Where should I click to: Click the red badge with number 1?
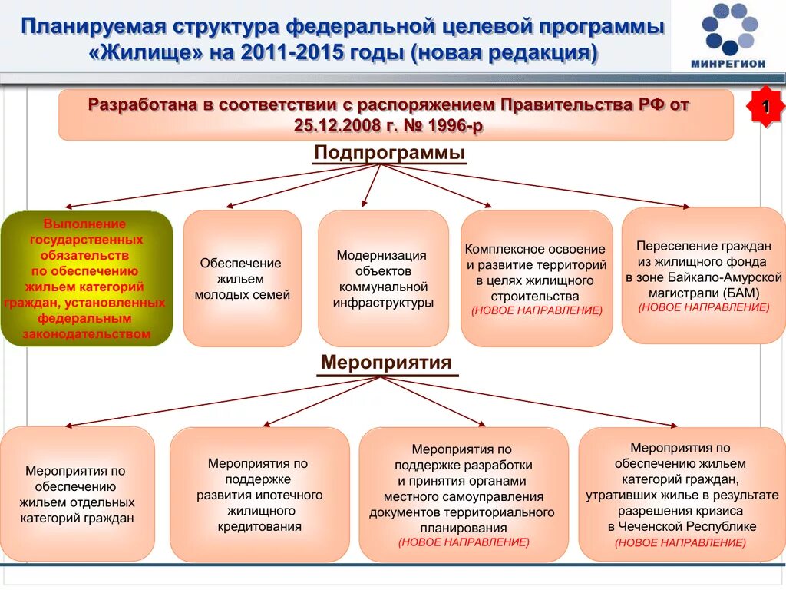[x=765, y=107]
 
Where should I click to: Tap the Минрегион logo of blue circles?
[x=728, y=28]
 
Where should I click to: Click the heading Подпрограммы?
[x=389, y=153]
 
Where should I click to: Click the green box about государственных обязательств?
[x=86, y=279]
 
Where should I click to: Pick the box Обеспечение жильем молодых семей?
[x=242, y=278]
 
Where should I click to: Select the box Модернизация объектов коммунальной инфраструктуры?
[x=383, y=278]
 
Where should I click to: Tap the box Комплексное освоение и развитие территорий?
[x=537, y=278]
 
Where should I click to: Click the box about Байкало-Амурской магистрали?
[x=703, y=275]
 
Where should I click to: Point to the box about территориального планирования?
[x=463, y=496]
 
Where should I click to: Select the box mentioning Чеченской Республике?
[x=681, y=494]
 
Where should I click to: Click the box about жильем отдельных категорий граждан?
[x=77, y=494]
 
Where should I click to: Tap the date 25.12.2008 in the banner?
[x=329, y=125]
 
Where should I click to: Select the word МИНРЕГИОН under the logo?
[x=727, y=64]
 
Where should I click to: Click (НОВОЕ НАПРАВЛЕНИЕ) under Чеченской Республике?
[x=681, y=542]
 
